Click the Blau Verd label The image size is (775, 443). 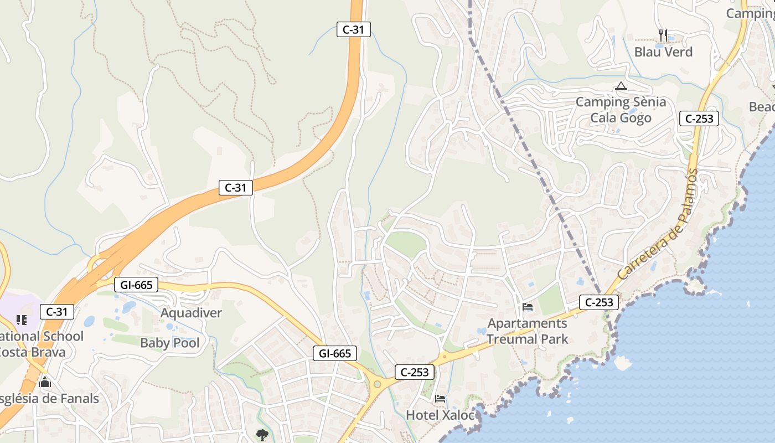[663, 52]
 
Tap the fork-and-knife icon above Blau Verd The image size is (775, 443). [663, 35]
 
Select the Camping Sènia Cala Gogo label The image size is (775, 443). [621, 110]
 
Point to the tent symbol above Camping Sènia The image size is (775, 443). [621, 86]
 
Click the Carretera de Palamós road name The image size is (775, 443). [657, 224]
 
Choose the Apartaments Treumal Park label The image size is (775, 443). [527, 331]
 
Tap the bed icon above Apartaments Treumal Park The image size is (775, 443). [527, 307]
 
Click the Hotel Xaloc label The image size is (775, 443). [440, 415]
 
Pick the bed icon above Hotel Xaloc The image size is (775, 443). [440, 398]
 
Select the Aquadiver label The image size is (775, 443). [191, 313]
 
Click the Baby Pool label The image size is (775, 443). [169, 343]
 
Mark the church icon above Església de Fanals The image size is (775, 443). [45, 382]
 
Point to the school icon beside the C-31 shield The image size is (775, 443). [22, 320]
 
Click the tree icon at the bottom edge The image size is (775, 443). [262, 435]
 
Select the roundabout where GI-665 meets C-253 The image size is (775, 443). [378, 384]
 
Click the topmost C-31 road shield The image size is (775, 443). [353, 29]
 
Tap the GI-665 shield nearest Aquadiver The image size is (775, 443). [136, 285]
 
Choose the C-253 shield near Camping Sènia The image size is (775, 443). [699, 118]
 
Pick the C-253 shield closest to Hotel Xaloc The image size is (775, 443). [414, 372]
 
